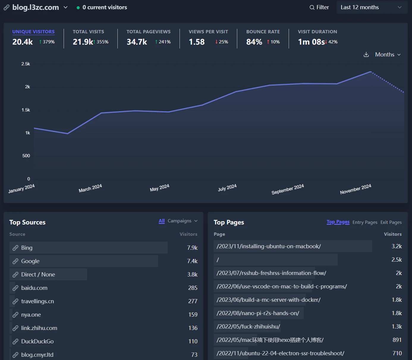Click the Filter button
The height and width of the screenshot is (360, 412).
point(319,7)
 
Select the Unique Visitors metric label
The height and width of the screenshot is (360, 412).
point(33,32)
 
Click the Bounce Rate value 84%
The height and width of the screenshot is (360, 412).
point(254,42)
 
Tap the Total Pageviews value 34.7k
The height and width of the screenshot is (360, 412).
point(137,42)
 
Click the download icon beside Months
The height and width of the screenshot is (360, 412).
point(366,55)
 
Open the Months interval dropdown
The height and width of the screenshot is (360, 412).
point(388,55)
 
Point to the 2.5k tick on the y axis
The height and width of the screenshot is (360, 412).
point(26,64)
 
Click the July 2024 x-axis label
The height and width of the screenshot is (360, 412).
point(227,188)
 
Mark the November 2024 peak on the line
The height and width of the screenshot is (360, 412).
point(370,72)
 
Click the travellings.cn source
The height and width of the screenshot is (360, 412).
point(37,301)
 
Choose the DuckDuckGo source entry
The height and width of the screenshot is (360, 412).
point(37,341)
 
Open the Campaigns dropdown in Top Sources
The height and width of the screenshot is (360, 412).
point(182,221)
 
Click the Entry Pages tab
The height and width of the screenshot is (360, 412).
point(365,222)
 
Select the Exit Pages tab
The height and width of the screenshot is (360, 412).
point(391,222)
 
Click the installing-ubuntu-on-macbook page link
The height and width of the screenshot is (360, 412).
point(268,246)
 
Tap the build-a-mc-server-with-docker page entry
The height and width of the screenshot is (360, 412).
point(268,300)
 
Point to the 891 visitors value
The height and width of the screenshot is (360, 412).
point(397,340)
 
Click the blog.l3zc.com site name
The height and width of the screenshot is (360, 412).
point(35,7)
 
